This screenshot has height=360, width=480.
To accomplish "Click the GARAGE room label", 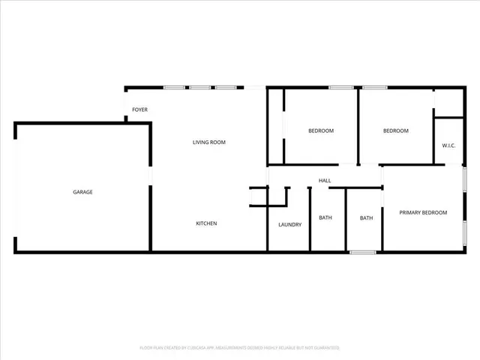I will tap(82, 192).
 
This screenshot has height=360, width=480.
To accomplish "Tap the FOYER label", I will tap(139, 110).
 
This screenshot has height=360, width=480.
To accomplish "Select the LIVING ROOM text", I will tap(208, 142).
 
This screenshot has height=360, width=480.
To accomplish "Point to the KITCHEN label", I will tap(206, 223).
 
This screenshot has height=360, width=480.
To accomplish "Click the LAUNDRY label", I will tap(289, 224).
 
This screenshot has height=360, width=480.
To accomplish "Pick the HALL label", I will tap(325, 181).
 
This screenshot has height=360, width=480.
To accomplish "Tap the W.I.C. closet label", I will tap(448, 145).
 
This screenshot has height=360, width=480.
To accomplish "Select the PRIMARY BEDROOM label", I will tap(422, 212).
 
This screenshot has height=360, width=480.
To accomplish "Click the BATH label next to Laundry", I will tap(325, 218).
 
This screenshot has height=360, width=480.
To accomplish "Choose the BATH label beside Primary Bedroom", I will tap(366, 218).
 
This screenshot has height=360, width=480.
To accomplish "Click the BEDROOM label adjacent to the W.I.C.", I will tap(395, 130).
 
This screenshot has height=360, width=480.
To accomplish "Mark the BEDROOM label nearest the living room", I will tap(321, 130).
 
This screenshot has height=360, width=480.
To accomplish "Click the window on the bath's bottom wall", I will tap(363, 252).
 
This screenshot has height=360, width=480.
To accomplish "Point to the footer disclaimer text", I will tap(239, 348).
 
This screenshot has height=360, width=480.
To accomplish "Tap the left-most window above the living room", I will tap(175, 88).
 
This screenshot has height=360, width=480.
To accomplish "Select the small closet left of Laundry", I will tap(259, 196).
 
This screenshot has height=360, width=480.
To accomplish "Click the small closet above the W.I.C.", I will tap(448, 103).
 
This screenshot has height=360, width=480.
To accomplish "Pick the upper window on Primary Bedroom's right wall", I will tap(465, 183).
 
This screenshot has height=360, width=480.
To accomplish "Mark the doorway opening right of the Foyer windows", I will tap(255, 88).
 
